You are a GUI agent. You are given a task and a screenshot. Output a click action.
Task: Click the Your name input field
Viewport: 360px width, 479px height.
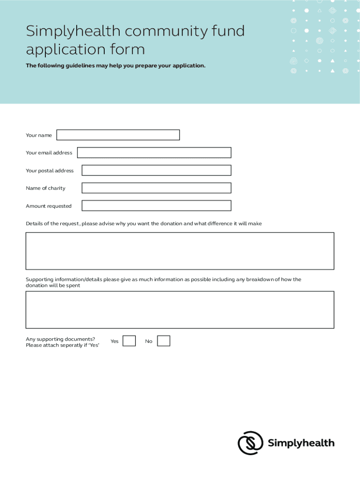(118, 135)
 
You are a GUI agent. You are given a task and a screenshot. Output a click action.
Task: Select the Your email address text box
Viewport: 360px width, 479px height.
(154, 152)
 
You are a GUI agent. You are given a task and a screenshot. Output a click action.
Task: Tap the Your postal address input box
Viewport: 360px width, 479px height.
(156, 170)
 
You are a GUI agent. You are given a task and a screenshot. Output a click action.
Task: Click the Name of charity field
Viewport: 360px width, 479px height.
(156, 188)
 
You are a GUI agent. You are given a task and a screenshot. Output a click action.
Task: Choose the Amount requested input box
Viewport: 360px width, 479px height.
(156, 206)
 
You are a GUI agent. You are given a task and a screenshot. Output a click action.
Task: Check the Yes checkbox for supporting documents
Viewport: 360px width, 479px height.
(129, 341)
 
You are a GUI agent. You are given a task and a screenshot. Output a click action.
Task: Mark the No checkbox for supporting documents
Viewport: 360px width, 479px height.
(164, 341)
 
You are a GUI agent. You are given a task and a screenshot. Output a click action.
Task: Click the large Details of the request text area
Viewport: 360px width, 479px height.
(180, 251)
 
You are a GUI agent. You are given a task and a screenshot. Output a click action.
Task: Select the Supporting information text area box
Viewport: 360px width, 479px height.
(180, 310)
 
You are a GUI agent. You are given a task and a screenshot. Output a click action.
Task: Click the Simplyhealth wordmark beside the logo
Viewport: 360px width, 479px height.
(301, 443)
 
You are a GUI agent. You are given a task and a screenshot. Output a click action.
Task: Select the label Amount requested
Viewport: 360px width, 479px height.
(49, 206)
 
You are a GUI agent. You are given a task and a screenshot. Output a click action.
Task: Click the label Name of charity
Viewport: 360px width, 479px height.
(45, 188)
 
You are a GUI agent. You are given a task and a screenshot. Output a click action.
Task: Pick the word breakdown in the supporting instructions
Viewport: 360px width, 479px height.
(259, 279)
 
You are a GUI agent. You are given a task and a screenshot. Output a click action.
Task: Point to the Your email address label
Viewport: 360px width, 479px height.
(49, 152)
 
